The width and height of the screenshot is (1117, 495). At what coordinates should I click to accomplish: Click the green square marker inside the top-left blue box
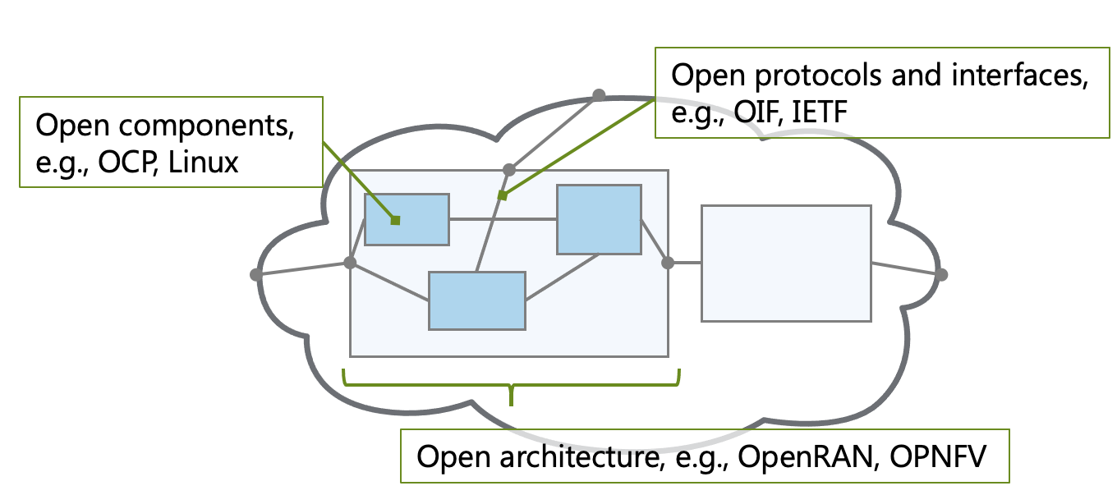tap(395, 220)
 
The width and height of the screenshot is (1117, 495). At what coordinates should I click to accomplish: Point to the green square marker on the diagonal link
tap(503, 195)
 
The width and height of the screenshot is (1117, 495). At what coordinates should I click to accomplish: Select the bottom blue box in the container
tap(477, 300)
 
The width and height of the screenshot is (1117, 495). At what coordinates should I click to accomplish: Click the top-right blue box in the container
tap(599, 219)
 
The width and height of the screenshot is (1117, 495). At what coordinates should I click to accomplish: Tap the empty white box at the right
tap(785, 263)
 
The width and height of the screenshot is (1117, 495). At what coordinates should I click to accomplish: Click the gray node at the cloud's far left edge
tap(256, 275)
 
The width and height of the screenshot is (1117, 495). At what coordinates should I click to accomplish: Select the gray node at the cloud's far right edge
tap(941, 275)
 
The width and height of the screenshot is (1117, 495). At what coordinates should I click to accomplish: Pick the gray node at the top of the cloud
tap(600, 95)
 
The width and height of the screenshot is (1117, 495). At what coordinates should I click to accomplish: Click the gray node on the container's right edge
tap(668, 263)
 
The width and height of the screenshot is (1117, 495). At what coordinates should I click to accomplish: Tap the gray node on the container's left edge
tap(350, 263)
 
